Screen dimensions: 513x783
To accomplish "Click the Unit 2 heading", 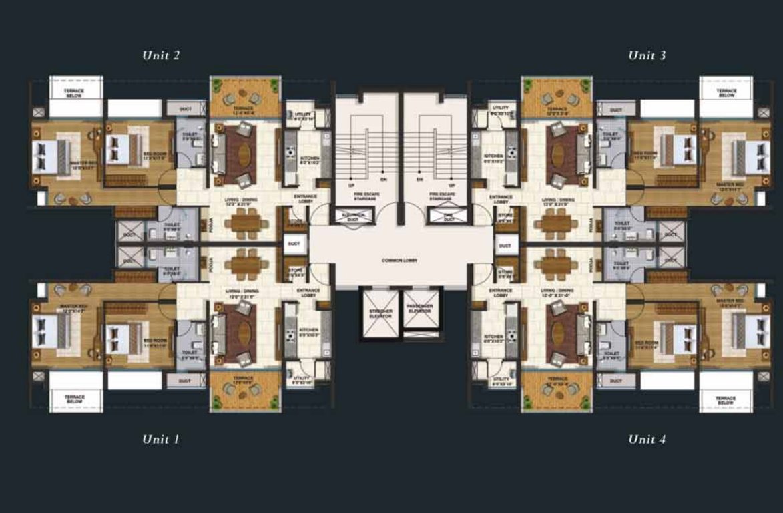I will pos(160,55).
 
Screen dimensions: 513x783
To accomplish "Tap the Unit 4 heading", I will pos(646,439).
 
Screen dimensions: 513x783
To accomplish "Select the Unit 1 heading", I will pos(160,439).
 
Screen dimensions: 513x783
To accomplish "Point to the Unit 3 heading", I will pos(646,55).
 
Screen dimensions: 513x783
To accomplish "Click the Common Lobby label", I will pos(400,260).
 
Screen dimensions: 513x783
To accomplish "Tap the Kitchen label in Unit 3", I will pos(494,160).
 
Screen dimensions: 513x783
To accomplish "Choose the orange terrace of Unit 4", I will pos(557,391).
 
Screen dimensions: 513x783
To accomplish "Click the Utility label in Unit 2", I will pos(304,115).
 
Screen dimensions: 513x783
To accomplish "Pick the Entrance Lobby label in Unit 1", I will pos(308,292).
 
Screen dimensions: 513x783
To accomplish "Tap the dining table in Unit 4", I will pos(557,267).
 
